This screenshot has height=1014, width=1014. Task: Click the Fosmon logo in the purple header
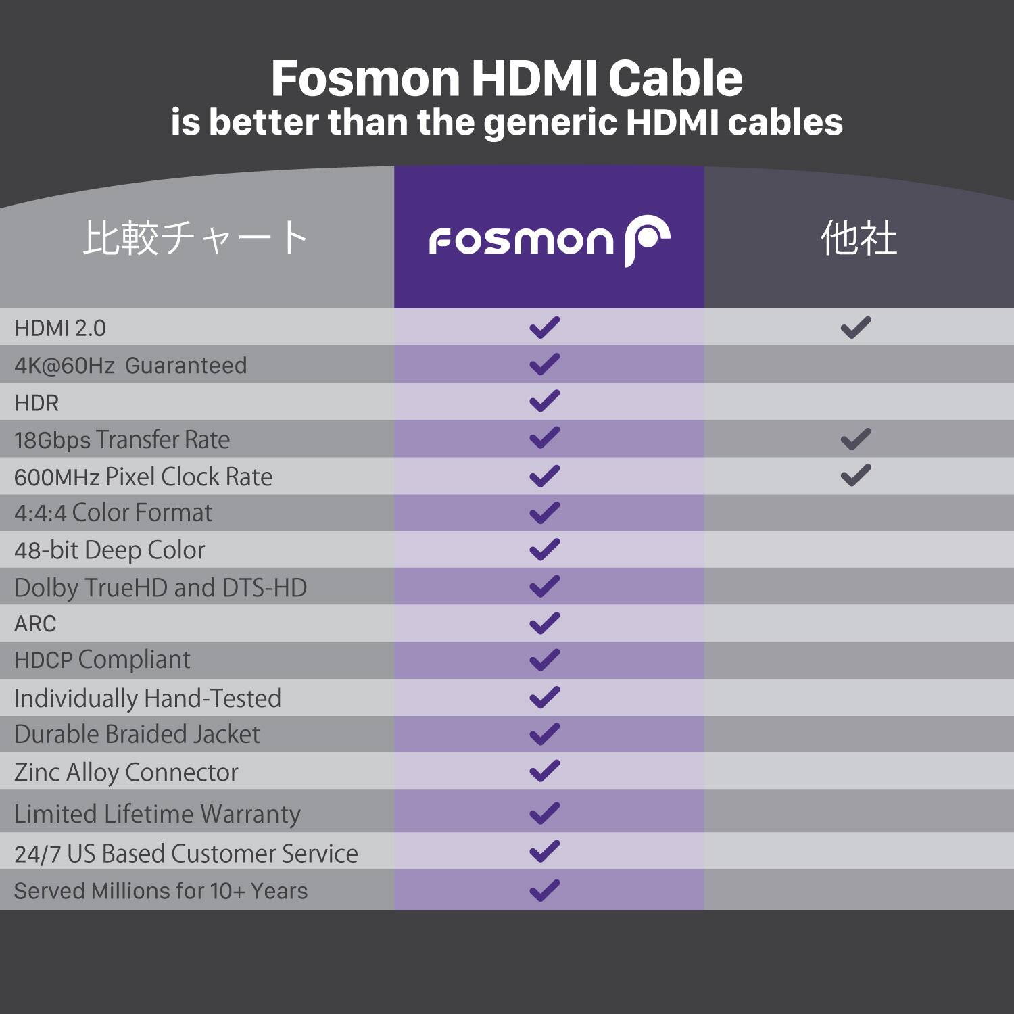coord(549,240)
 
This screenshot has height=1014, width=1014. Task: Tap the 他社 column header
coord(859,238)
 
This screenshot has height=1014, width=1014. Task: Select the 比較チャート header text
coord(195,238)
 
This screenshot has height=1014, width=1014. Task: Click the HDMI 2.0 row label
coord(60,328)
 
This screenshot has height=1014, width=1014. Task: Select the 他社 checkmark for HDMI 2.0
coord(856,328)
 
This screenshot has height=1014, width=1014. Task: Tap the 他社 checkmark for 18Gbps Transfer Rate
coord(856,439)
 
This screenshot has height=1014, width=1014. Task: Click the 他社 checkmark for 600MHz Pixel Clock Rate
coord(856,476)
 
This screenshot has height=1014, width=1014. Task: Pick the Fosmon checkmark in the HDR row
coord(545,401)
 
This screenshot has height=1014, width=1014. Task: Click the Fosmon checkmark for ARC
coord(545,623)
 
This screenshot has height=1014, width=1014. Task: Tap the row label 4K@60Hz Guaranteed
coord(130,365)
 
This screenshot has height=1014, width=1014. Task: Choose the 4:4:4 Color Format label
coord(113,513)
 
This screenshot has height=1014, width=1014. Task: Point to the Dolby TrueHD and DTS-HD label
coord(160,587)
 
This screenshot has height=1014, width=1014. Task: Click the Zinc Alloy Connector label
coord(126,772)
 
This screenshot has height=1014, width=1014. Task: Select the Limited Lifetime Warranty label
coord(157,814)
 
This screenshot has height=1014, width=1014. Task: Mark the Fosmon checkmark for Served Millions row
coord(545,890)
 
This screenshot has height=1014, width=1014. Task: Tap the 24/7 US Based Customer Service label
coord(186,854)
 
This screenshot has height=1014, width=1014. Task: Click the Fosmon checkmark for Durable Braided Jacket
coord(545,733)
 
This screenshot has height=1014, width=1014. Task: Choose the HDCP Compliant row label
coord(102,660)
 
